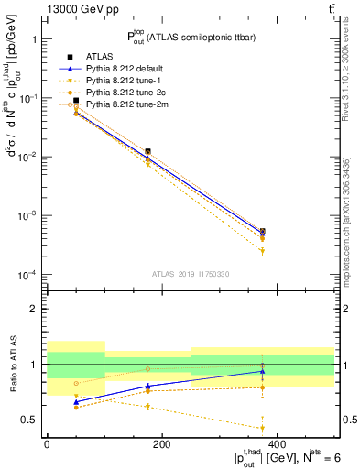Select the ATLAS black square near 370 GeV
[263, 232]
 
